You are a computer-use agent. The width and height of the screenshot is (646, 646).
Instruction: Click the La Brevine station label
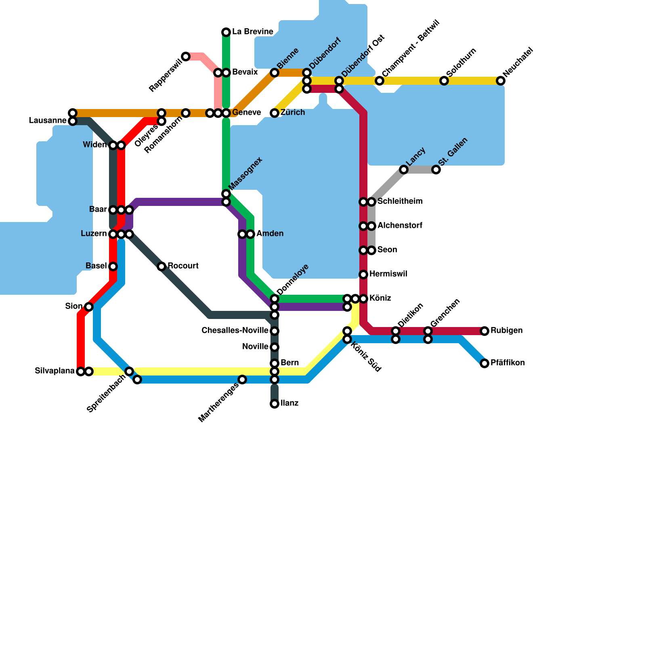click(253, 32)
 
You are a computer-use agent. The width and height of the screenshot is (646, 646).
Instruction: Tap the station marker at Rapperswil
click(186, 57)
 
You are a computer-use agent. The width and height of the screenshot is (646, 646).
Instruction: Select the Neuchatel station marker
click(501, 81)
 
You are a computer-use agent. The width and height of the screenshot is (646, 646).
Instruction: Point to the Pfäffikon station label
click(508, 363)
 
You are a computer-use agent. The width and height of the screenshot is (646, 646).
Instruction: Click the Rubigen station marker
click(484, 331)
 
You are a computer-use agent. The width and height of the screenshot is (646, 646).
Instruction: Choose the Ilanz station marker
click(275, 404)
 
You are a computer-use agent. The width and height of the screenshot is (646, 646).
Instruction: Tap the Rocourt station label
click(183, 266)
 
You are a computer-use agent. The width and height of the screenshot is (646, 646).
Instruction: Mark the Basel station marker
click(113, 266)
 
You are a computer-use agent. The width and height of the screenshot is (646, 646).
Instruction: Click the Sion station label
click(74, 306)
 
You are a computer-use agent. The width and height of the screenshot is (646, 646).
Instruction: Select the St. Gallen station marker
click(436, 170)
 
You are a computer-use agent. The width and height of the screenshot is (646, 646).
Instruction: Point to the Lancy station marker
click(404, 170)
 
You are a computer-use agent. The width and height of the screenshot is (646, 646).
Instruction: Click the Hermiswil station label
click(388, 274)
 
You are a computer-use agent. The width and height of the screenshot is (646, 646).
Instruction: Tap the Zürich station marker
click(275, 113)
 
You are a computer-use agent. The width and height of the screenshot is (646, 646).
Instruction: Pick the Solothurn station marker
click(444, 81)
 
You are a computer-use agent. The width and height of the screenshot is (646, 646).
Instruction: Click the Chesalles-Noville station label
click(235, 331)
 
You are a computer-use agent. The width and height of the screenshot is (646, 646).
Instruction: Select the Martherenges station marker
click(242, 380)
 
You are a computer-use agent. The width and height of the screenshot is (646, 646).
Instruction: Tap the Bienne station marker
click(275, 73)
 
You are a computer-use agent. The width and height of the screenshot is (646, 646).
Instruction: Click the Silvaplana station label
click(55, 371)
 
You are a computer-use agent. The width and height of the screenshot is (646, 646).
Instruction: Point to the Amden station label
click(270, 234)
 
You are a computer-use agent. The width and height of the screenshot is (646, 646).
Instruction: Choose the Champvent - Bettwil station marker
click(380, 81)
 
